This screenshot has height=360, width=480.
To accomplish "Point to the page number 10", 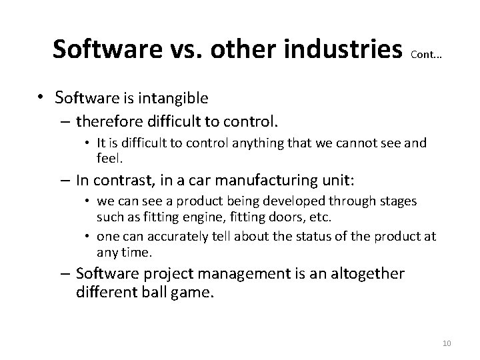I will point(447,343).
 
